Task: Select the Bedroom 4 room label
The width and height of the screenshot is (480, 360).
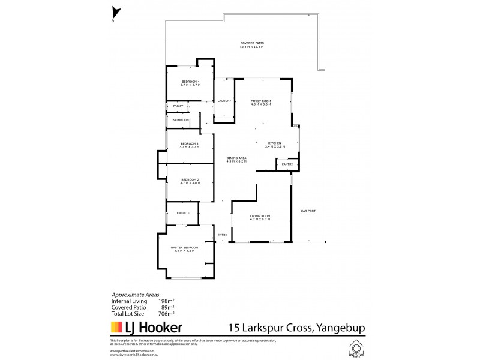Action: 190,83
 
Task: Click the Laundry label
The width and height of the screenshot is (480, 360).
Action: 224,101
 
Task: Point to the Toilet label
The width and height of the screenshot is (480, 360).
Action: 178,106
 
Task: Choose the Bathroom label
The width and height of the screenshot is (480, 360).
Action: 181,120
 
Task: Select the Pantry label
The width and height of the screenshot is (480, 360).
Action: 286,163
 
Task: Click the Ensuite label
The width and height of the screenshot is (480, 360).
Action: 183,213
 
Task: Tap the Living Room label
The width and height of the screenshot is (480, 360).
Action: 261,217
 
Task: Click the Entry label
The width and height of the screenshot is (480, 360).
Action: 222,235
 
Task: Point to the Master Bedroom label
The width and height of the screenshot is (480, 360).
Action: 185,249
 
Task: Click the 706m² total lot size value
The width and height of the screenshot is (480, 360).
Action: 166,313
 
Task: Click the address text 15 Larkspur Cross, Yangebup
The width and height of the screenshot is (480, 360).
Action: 296,328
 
